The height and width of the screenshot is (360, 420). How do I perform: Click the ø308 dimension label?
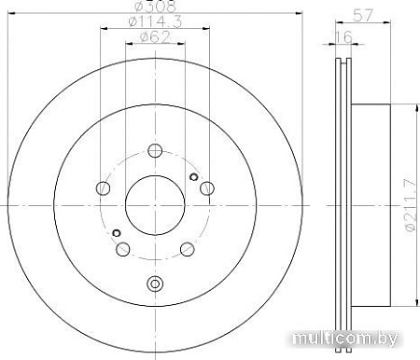(155, 7)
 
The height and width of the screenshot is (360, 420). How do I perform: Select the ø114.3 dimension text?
(155, 21)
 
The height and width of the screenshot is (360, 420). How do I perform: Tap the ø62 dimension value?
(155, 37)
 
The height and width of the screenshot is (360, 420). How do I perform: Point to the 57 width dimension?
(363, 15)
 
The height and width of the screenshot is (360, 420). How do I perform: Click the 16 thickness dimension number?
(343, 36)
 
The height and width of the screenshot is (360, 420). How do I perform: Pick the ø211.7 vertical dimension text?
(411, 205)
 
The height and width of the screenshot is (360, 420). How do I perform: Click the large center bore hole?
(155, 205)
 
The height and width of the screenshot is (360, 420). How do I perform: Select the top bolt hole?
(155, 151)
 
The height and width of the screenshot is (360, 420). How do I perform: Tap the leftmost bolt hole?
(103, 188)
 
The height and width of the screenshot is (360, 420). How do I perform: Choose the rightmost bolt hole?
(207, 188)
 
